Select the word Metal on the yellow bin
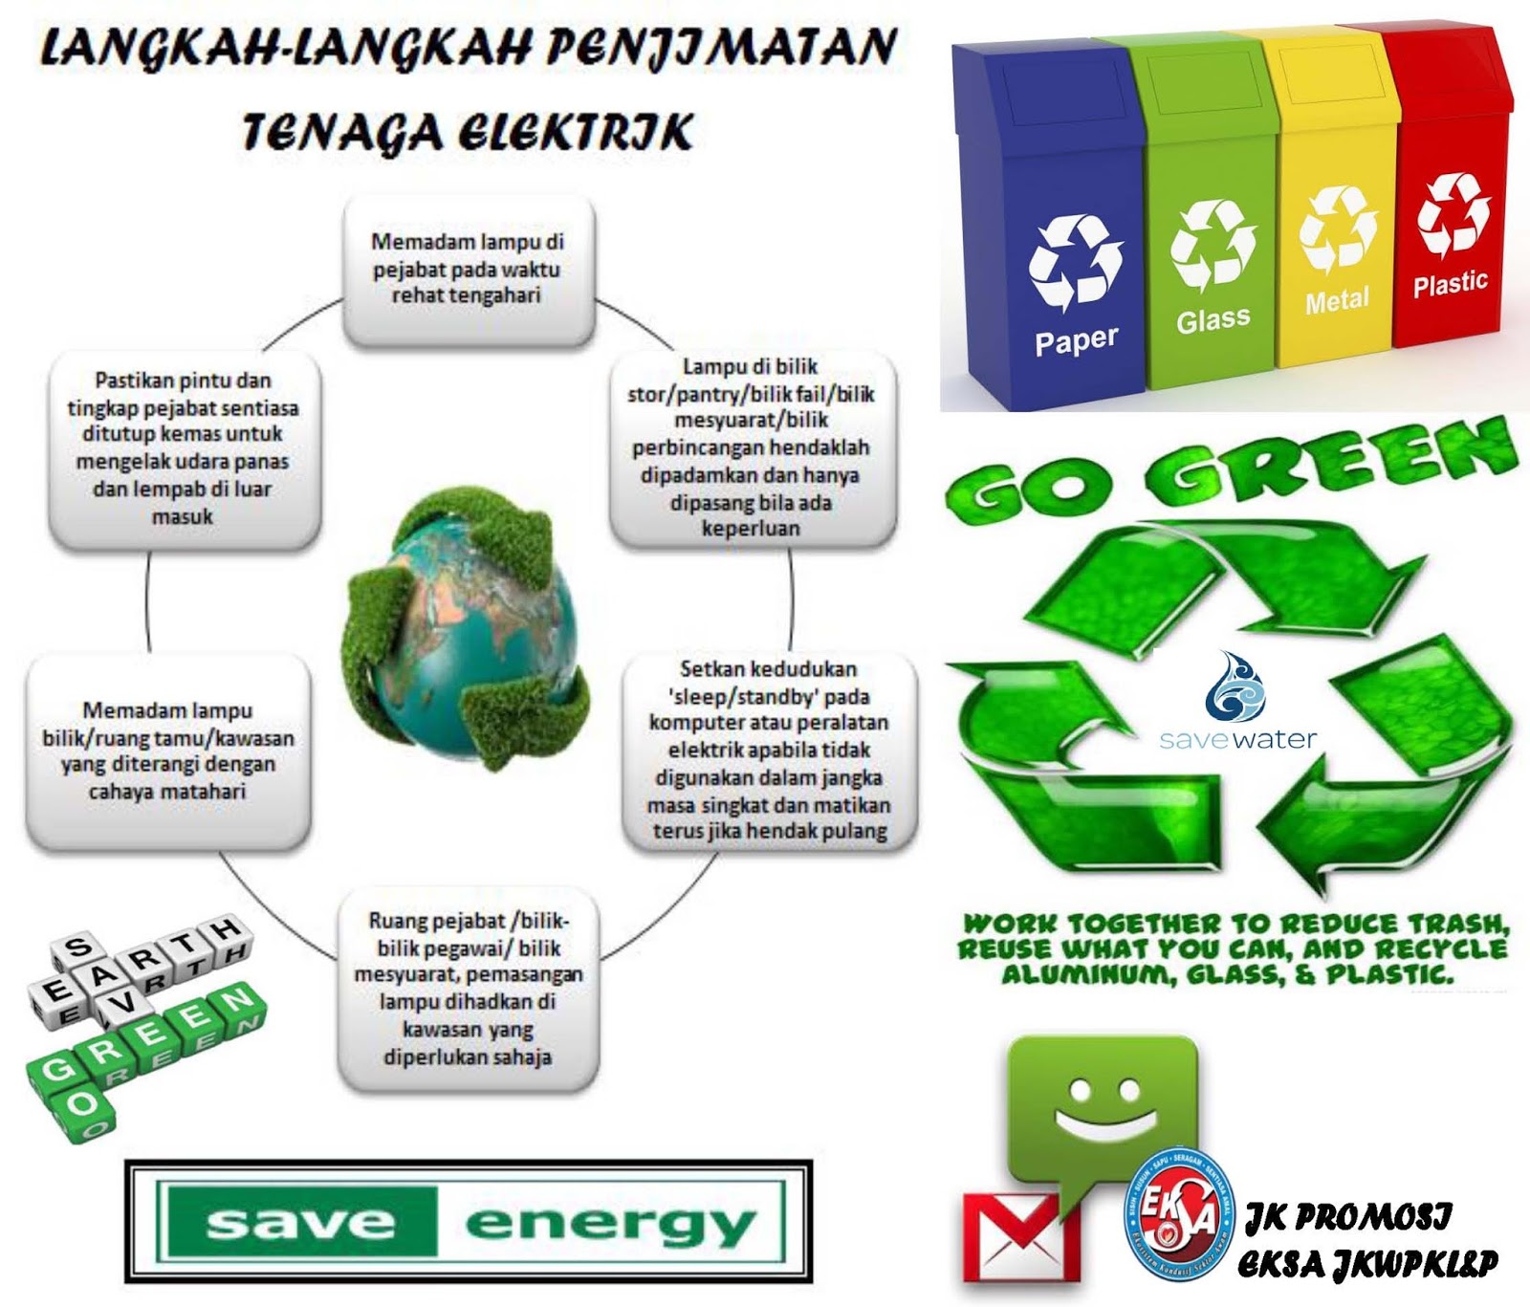(1337, 300)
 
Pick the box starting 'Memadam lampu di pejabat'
(468, 270)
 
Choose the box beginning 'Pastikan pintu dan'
(183, 448)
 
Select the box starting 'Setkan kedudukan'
(769, 751)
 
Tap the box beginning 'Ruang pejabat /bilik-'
(468, 990)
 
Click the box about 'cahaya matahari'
(167, 752)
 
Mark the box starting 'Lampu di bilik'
(752, 447)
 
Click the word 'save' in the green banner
(300, 1223)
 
